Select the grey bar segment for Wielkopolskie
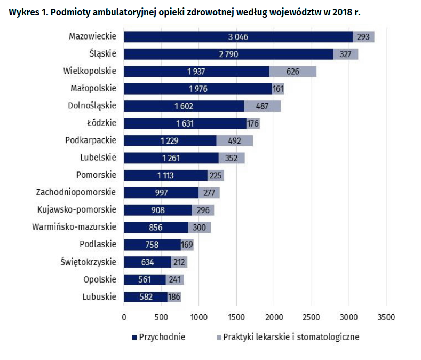pos(292,71)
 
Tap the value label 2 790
pos(229,54)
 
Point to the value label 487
pos(262,106)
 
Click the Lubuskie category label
pos(99,297)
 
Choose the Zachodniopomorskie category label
pos(76,192)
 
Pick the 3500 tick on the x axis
pos(386,317)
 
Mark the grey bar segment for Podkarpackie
pos(234,140)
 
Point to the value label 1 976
pos(198,89)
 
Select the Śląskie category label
pos(102,54)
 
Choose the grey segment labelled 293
pos(363,37)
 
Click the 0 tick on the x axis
pos(124,317)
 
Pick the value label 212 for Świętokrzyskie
pos(180,262)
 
